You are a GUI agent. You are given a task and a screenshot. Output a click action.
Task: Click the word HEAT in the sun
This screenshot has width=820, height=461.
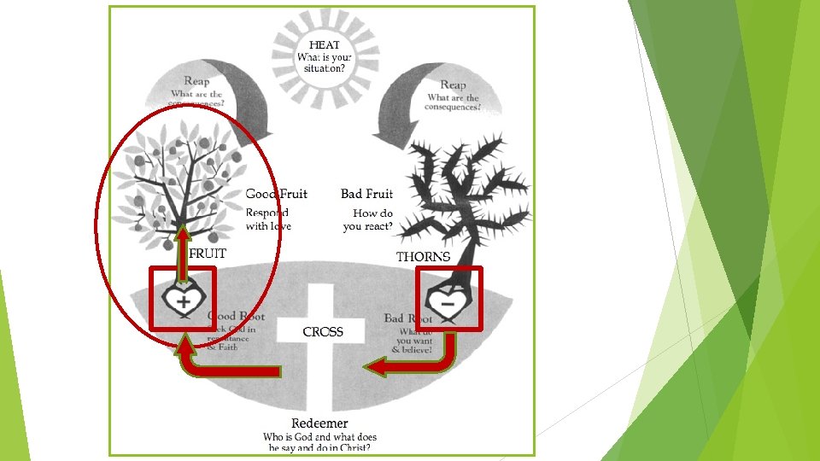(x=325, y=45)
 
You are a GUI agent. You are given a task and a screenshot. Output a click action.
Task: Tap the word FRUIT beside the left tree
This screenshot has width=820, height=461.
(x=208, y=254)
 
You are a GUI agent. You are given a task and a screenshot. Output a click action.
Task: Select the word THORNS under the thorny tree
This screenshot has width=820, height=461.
(x=423, y=256)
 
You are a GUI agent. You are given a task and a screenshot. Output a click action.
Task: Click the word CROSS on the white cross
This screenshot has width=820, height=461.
(x=323, y=331)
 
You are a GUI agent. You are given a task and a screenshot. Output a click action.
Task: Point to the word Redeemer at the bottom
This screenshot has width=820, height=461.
(x=319, y=423)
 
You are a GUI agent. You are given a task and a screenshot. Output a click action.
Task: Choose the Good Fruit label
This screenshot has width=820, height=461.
(x=277, y=195)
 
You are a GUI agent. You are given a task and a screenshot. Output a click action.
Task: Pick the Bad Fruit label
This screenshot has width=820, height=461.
(x=366, y=195)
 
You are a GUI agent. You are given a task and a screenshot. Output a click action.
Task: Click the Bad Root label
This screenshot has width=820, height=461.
(x=408, y=318)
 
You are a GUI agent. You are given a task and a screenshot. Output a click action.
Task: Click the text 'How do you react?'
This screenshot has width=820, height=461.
(x=368, y=220)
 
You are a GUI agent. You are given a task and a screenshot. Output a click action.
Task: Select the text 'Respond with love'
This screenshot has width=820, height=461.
(x=268, y=219)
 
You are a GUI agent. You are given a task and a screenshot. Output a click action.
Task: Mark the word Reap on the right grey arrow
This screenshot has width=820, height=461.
(x=453, y=85)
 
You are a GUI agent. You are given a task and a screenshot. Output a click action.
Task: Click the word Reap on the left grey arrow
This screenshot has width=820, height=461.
(x=196, y=81)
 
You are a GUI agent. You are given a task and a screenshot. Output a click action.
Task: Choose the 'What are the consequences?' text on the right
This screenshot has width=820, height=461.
(x=453, y=102)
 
